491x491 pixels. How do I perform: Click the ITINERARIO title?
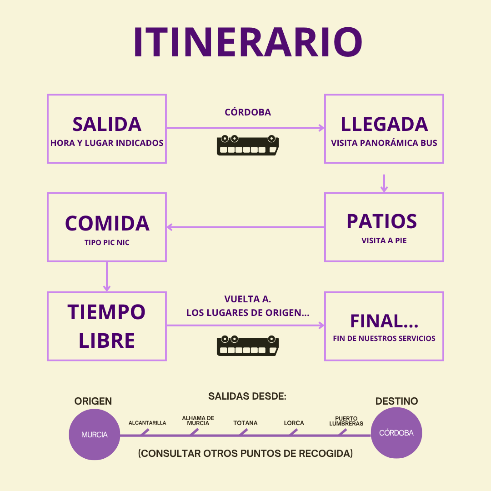pyautogui.click(x=247, y=43)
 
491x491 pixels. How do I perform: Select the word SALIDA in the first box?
pyautogui.click(x=107, y=124)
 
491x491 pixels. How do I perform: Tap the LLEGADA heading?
pyautogui.click(x=384, y=124)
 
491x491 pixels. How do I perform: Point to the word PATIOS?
pyautogui.click(x=381, y=221)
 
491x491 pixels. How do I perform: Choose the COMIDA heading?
pyautogui.click(x=107, y=223)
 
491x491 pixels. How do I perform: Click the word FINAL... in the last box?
pyautogui.click(x=384, y=321)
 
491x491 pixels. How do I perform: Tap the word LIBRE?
pyautogui.click(x=107, y=341)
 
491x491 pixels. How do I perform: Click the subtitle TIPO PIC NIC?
pyautogui.click(x=107, y=243)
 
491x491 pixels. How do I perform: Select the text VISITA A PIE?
pyautogui.click(x=384, y=240)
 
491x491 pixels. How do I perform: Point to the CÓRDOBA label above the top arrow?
pyautogui.click(x=248, y=112)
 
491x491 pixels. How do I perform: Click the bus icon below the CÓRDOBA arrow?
pyautogui.click(x=248, y=145)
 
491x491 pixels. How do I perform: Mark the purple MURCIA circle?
pyautogui.click(x=95, y=434)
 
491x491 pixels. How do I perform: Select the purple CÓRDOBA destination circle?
pyautogui.click(x=396, y=433)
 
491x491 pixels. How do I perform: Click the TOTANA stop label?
pyautogui.click(x=245, y=423)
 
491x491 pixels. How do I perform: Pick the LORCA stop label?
pyautogui.click(x=294, y=423)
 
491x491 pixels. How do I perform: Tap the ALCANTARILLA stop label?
pyautogui.click(x=147, y=423)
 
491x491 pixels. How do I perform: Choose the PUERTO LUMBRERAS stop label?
pyautogui.click(x=346, y=421)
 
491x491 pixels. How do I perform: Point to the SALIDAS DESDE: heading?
pyautogui.click(x=247, y=396)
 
